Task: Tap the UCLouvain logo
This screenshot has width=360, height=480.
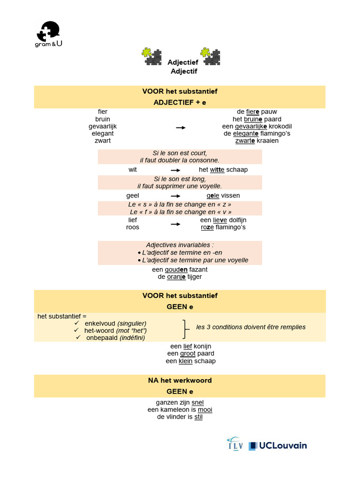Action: point(278,445)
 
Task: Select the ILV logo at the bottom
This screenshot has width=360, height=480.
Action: point(234,444)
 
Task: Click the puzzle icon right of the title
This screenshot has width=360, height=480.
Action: point(210,57)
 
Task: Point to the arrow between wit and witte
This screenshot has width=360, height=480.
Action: point(175,170)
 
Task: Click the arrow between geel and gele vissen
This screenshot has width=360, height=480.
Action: point(175,196)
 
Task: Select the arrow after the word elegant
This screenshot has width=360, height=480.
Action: point(180,127)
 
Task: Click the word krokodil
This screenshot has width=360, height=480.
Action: point(280,126)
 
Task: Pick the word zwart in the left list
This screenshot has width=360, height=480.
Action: point(103,141)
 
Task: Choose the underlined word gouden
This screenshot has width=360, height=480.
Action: point(176,270)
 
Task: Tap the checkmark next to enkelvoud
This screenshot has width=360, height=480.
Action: point(76,323)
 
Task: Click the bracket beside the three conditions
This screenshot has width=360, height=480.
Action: point(186,330)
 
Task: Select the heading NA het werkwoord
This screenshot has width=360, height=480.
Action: point(180,380)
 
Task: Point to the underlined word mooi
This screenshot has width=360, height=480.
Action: point(205,409)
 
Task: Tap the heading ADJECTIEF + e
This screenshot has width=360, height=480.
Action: point(180,102)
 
